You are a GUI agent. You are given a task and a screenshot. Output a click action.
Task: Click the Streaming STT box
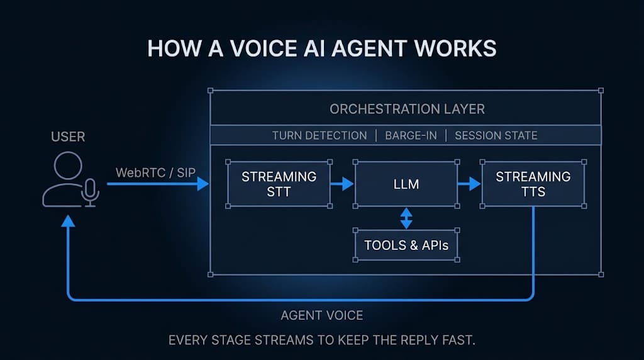coord(279,184)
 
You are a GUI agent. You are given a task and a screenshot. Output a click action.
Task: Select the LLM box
coord(406,184)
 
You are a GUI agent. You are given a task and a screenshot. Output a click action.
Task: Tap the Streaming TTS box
coord(533,184)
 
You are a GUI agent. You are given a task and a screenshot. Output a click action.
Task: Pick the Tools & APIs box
coord(406,245)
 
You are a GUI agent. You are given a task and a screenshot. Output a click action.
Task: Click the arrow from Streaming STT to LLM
coord(342,184)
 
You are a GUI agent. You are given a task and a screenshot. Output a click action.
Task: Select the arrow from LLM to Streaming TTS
coord(469,184)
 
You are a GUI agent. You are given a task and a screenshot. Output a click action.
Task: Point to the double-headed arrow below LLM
coord(406,218)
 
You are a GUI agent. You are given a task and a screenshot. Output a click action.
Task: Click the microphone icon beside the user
coord(90,193)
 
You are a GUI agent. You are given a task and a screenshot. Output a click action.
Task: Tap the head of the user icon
coord(68,166)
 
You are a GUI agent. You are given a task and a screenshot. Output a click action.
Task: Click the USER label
coord(68,137)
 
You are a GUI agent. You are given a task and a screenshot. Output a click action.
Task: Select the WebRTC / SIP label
coord(156,172)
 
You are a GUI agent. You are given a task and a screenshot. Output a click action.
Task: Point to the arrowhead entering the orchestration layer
coord(203,184)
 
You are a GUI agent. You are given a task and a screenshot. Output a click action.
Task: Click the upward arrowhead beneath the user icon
coord(68,222)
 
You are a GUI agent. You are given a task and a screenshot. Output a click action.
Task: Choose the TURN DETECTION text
coord(319,135)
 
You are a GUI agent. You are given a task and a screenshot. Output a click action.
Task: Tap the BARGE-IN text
coord(411,135)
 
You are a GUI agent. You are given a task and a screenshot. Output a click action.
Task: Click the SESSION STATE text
coord(496,135)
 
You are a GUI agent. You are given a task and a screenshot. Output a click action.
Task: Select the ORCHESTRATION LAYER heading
coord(407,109)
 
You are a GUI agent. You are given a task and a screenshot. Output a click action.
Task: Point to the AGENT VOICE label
coord(322,315)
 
